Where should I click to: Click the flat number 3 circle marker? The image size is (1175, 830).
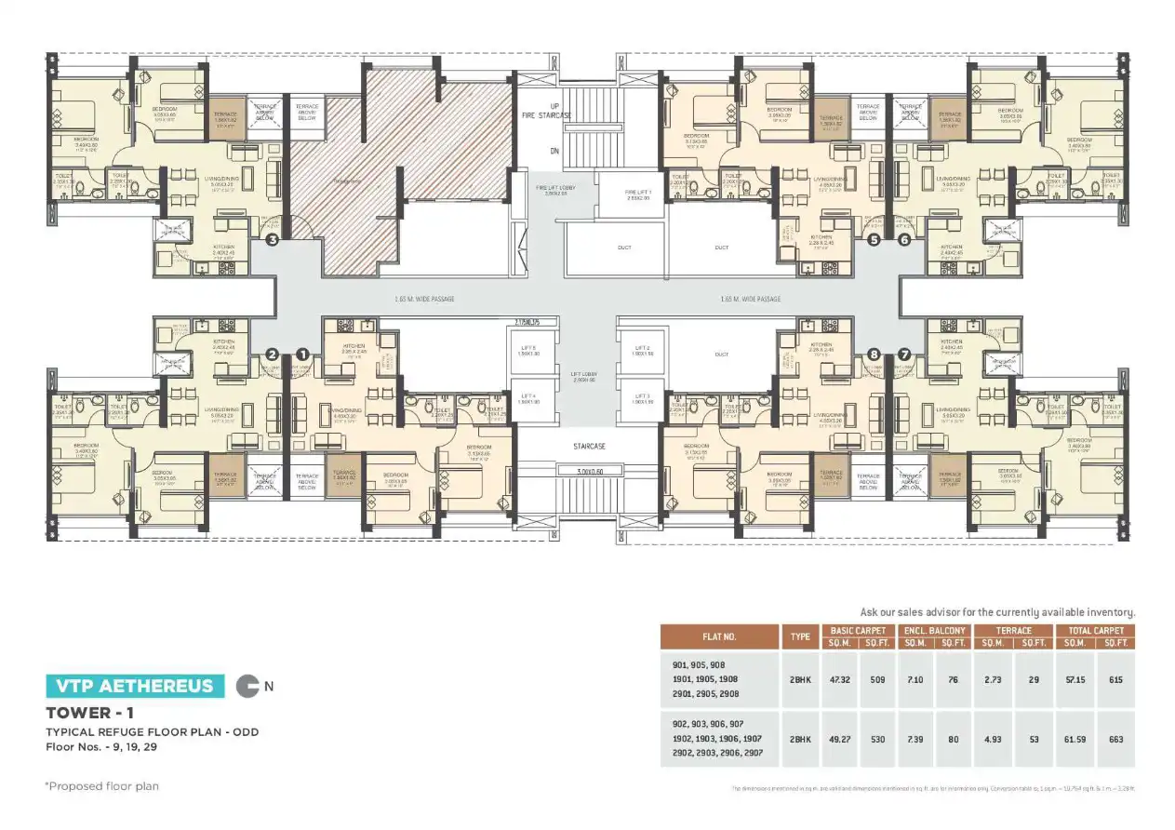pos(272,239)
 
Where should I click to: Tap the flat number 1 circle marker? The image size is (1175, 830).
pos(301,355)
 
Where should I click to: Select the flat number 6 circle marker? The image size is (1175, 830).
pos(903,239)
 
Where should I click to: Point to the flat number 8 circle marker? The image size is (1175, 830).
pos(873,355)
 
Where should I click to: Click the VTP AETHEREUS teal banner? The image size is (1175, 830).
pos(135,687)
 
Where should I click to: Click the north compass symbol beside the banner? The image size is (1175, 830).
pos(247,687)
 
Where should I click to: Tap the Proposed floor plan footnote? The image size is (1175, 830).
pos(102,786)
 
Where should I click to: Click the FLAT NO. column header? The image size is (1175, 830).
pos(719,637)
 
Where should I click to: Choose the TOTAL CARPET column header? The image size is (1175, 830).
pos(1095,631)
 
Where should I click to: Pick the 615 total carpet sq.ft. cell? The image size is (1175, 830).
pos(1115,680)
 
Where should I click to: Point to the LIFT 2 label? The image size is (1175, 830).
pos(641,350)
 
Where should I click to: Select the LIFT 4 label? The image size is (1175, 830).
pos(528,398)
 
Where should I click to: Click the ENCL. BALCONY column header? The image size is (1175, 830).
pos(934,631)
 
